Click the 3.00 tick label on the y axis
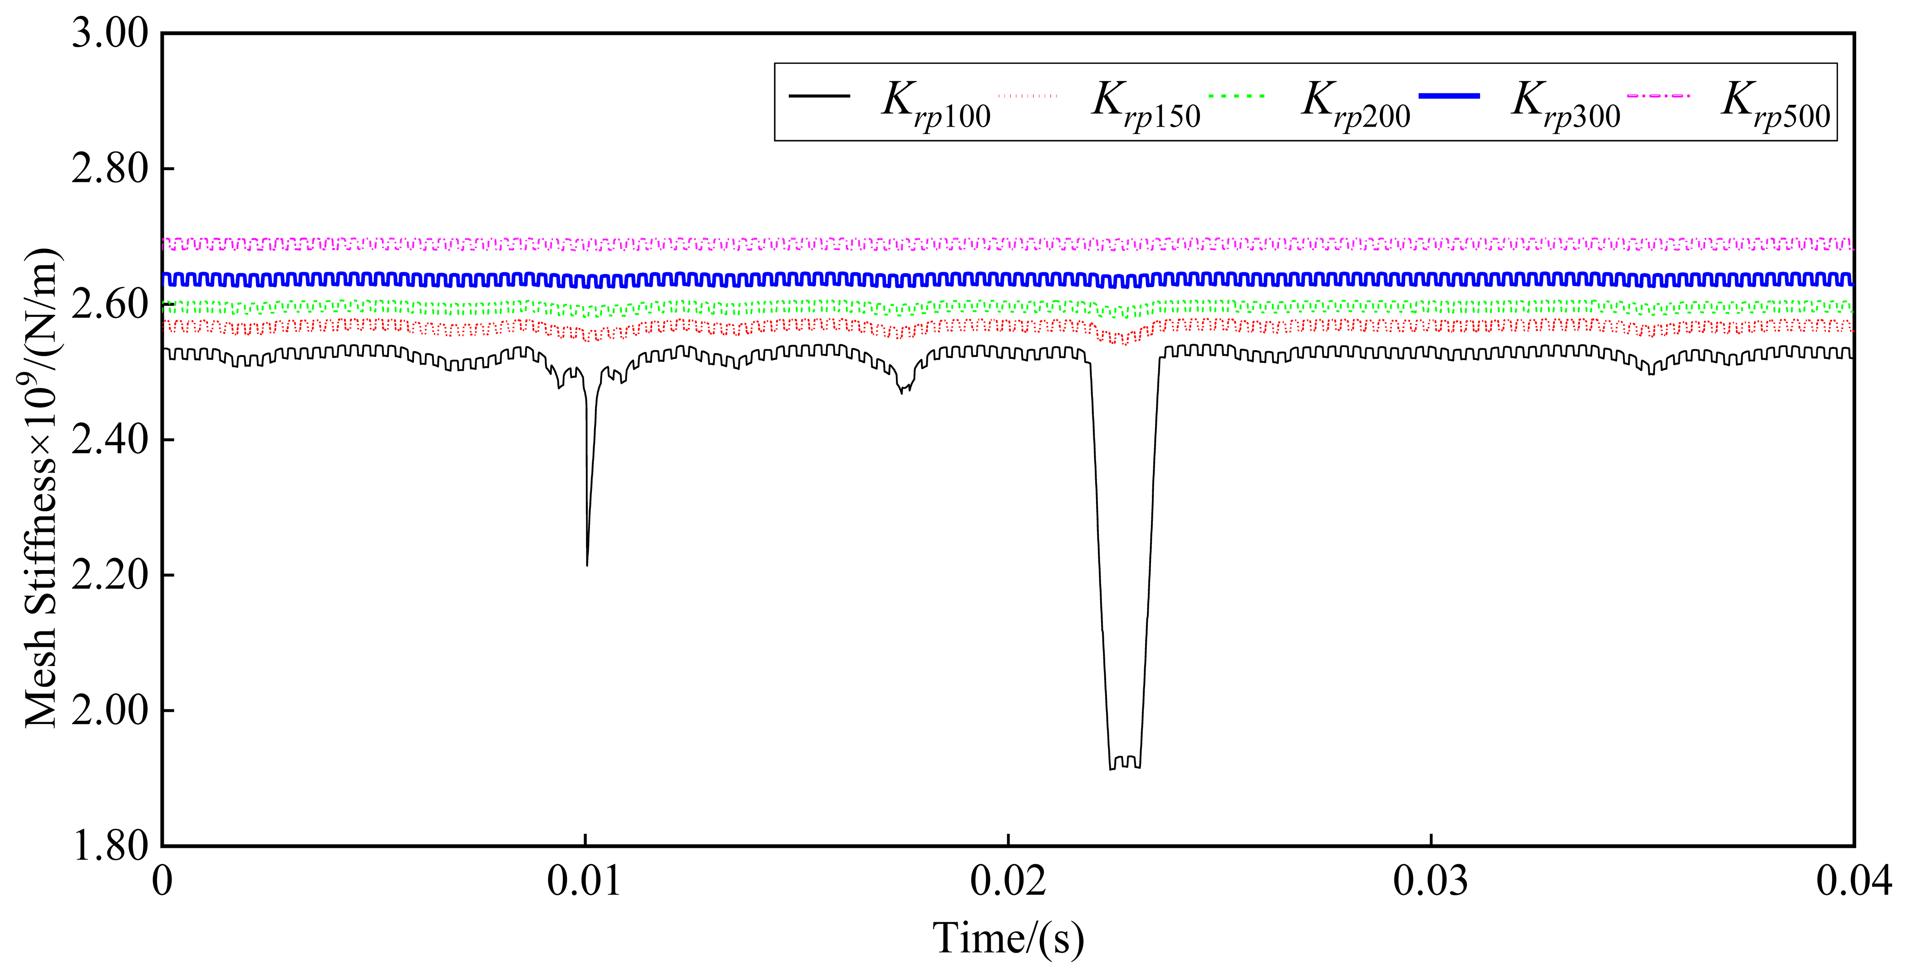click(110, 34)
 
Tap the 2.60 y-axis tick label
click(110, 305)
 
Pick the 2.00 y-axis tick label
click(110, 711)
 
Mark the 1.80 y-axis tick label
click(110, 846)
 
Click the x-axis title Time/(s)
click(1008, 939)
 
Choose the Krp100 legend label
click(935, 105)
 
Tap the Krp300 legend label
click(1565, 105)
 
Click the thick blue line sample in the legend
click(1449, 96)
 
